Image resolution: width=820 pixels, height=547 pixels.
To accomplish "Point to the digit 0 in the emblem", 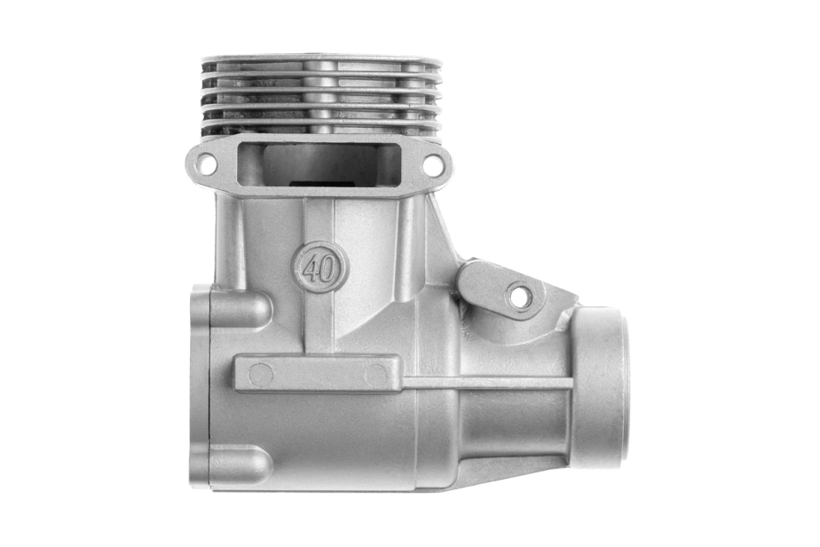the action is (327, 270).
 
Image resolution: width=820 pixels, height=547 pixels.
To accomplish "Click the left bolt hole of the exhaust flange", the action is (205, 163).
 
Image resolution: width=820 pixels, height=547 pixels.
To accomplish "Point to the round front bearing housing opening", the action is (602, 386).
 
